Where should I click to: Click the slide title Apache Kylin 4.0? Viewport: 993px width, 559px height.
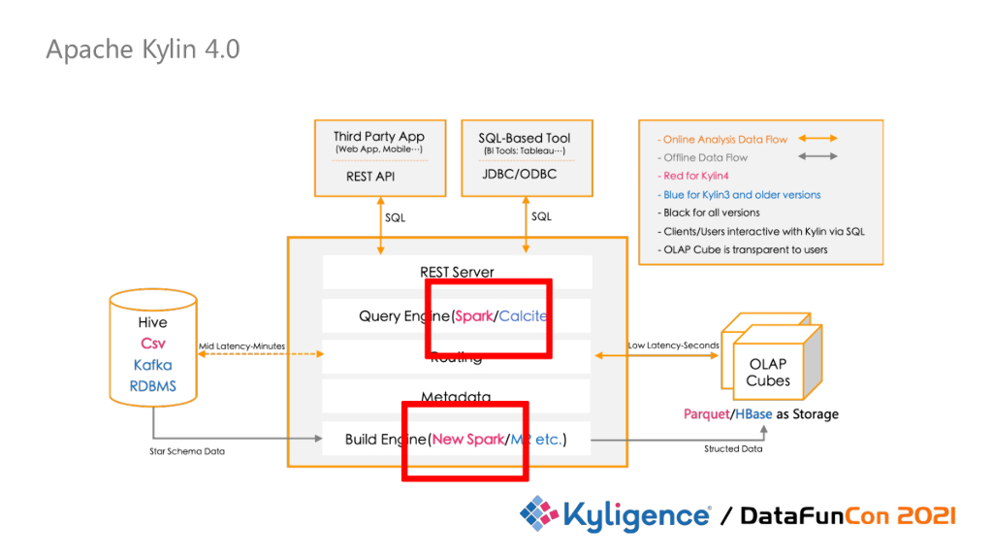coord(143,49)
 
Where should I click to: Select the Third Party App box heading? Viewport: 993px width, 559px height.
coord(379,137)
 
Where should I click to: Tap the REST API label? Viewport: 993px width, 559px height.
coord(370,177)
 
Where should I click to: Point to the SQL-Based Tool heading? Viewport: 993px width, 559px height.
coord(525,138)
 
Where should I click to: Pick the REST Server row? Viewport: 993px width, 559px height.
coord(457,272)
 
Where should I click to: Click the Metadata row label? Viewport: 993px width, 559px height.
coord(457,397)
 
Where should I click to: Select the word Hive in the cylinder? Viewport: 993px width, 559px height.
coord(153,322)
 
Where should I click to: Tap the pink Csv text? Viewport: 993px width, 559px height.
coord(153,344)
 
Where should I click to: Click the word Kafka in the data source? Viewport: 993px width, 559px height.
coord(153,365)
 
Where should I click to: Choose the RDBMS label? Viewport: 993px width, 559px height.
coord(153,386)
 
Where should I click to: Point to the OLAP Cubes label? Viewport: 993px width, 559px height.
coord(768,373)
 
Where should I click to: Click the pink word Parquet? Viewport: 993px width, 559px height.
coord(705,414)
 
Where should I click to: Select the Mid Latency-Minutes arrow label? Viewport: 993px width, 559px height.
coord(241,345)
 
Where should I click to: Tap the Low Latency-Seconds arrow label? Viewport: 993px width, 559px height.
coord(673,345)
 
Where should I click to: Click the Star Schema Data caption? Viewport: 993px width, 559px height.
coord(180,450)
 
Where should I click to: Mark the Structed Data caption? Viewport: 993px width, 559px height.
coord(733,448)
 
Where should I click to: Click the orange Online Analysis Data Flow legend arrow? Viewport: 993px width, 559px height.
coord(817,139)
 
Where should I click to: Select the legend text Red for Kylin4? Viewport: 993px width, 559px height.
coord(697,176)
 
